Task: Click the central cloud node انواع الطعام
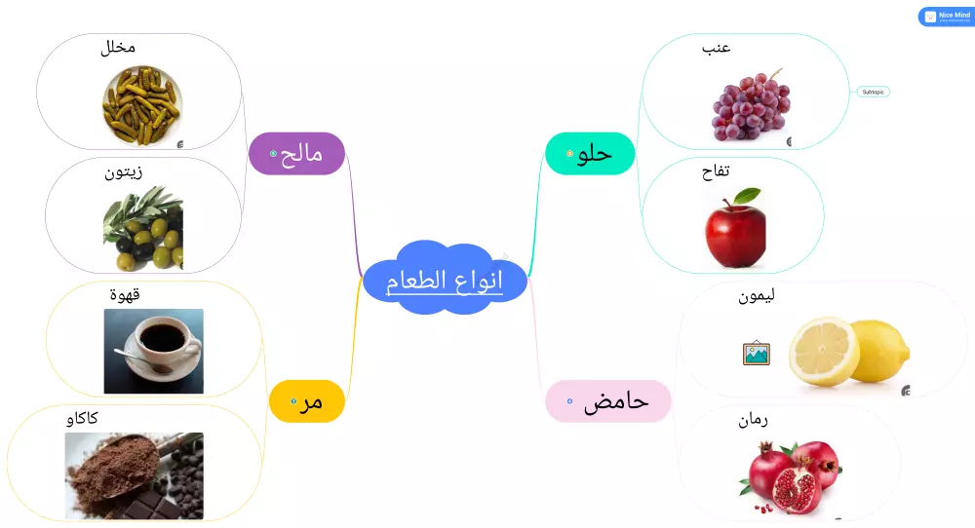click(446, 281)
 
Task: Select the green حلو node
click(591, 154)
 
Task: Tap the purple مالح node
click(298, 154)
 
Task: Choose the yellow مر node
click(307, 400)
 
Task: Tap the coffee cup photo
click(154, 351)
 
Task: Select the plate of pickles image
click(142, 105)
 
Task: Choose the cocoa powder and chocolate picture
click(135, 475)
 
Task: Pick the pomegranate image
click(795, 476)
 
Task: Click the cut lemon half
click(825, 351)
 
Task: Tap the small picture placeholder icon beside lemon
click(756, 353)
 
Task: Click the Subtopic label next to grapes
click(874, 92)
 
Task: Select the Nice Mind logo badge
click(946, 17)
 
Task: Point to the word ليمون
click(757, 296)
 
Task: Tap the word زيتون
click(124, 172)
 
